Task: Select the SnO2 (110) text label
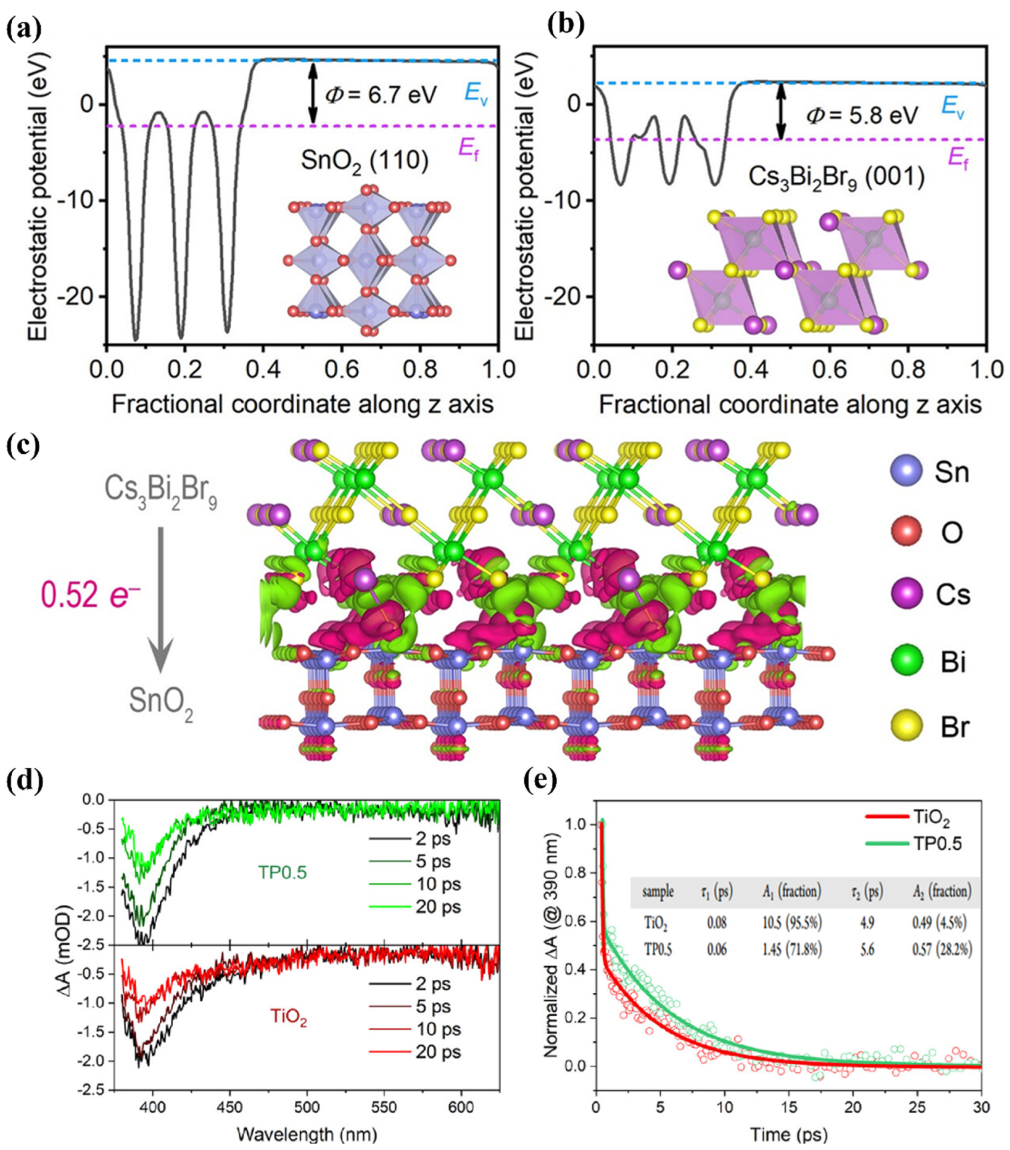365,161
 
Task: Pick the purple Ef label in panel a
471,150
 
